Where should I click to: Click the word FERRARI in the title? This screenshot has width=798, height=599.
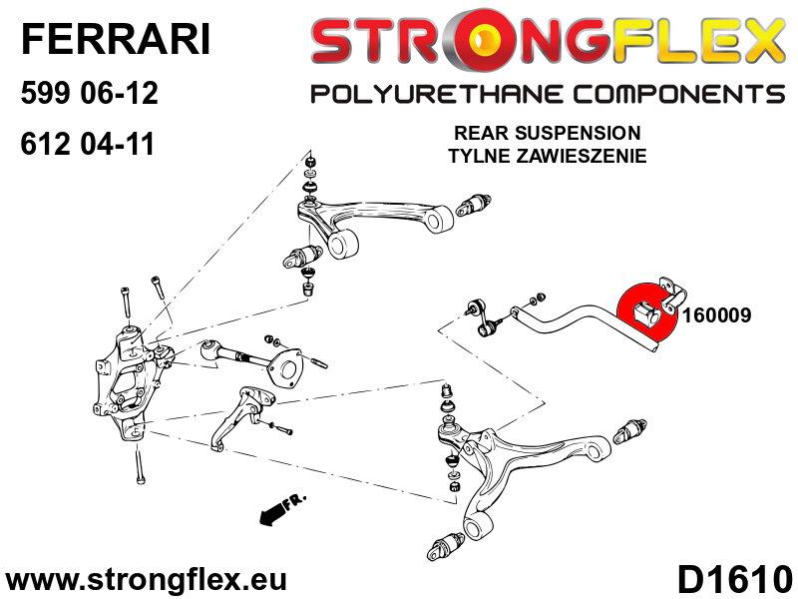(116, 40)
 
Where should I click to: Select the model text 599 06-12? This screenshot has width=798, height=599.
(90, 93)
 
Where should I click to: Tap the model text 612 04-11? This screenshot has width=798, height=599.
(87, 144)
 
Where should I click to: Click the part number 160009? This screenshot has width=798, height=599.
(716, 315)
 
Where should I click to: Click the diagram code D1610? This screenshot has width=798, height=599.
(735, 580)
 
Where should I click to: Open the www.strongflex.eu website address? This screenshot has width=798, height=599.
(145, 580)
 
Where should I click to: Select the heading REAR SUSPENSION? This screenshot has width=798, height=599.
(547, 133)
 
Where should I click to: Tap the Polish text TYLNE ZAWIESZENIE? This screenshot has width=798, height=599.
(547, 156)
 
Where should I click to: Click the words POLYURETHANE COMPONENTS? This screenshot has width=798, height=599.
(548, 94)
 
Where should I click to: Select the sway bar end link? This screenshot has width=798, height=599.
(482, 318)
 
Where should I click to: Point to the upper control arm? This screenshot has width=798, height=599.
(374, 223)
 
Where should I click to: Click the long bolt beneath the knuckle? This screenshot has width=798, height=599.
(140, 464)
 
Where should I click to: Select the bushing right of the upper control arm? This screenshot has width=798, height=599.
(473, 205)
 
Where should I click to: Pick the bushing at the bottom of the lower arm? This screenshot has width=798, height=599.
(446, 546)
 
